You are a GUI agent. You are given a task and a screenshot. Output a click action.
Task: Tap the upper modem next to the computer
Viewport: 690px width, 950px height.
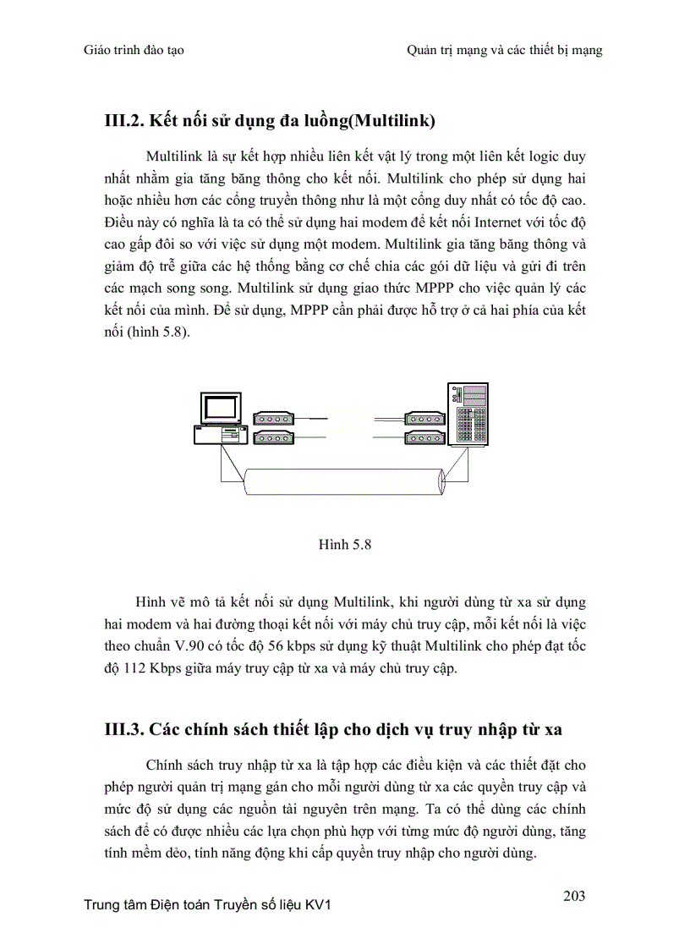click(x=271, y=418)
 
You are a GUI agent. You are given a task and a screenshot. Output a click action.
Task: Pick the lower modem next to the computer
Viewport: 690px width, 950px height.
click(x=271, y=437)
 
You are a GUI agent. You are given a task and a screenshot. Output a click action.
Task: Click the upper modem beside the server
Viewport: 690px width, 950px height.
click(x=424, y=418)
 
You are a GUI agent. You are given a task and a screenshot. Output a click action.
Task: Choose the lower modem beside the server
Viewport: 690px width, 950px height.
click(x=424, y=437)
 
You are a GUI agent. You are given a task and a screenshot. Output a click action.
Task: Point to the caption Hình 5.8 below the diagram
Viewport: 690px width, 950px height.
click(x=345, y=545)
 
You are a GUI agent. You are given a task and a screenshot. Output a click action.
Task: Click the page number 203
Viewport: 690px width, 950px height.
click(x=574, y=896)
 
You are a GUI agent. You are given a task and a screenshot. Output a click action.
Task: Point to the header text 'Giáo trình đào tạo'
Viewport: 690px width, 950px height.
click(x=134, y=51)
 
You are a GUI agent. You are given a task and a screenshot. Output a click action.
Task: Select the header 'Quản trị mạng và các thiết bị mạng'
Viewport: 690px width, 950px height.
click(x=504, y=51)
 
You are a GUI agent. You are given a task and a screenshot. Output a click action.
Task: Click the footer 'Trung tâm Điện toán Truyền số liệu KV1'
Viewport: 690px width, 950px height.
click(x=208, y=905)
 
